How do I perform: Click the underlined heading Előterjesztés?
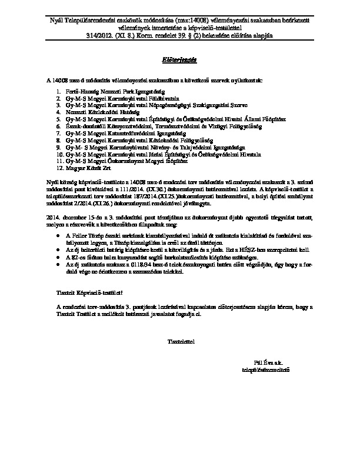(x=179, y=59)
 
